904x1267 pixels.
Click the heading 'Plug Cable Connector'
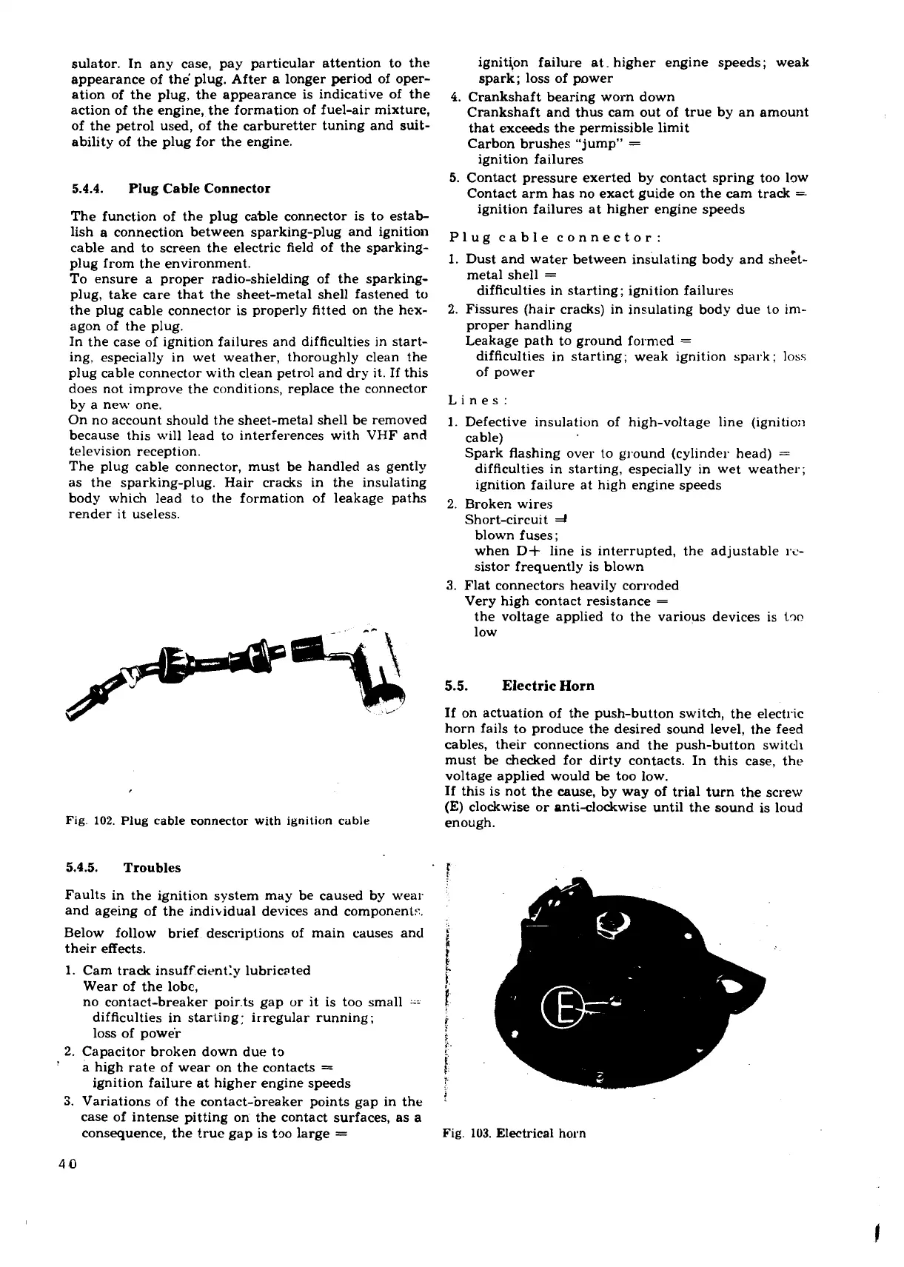[x=199, y=188]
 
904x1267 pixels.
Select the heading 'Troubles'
[x=152, y=867]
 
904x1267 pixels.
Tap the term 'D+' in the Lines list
[x=531, y=551]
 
